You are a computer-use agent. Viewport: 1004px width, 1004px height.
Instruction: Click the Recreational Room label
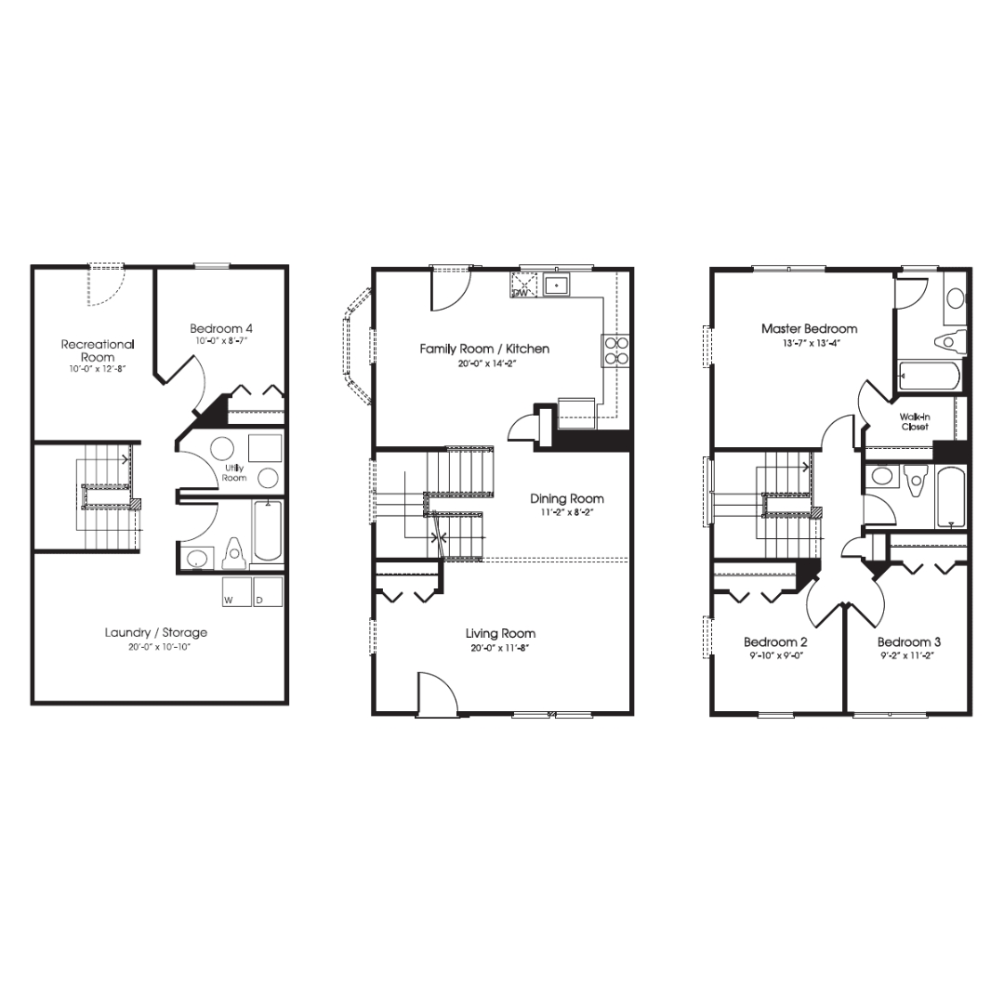point(98,350)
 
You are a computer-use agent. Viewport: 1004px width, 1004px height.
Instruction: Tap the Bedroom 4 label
point(221,328)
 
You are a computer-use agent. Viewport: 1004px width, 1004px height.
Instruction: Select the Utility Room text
point(234,472)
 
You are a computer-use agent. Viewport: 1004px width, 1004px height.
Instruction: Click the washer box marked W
point(236,592)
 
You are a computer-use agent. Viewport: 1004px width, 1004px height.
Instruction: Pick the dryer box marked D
point(269,592)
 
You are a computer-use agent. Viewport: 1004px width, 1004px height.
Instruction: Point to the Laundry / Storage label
point(156,633)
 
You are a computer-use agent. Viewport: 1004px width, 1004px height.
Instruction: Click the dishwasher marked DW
point(522,284)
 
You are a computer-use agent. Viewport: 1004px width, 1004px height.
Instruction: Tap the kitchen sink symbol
point(558,284)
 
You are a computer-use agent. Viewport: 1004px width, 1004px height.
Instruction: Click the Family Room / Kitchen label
point(484,349)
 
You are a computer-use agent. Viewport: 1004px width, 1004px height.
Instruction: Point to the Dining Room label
point(567,499)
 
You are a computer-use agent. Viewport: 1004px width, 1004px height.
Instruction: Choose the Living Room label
point(501,634)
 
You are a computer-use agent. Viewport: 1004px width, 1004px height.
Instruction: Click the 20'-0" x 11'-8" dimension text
point(501,647)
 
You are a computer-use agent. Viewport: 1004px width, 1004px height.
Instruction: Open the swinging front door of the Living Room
point(437,694)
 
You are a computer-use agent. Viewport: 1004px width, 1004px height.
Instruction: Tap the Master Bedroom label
point(809,328)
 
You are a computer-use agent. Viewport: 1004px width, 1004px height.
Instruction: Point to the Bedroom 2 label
point(775,642)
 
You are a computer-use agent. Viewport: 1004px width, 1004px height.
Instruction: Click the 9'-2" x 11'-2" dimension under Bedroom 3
point(909,655)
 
